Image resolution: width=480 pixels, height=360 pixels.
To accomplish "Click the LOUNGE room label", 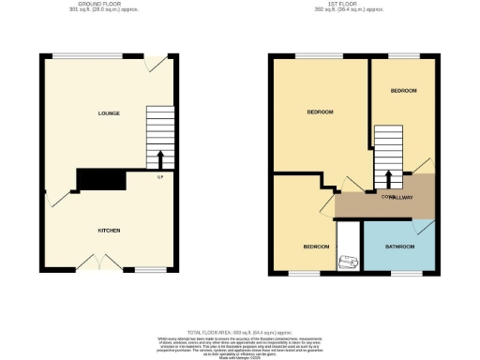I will (x=108, y=113).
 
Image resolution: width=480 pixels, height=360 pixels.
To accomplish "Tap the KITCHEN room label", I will (x=109, y=230).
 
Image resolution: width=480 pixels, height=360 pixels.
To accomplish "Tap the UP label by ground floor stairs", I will (x=160, y=176).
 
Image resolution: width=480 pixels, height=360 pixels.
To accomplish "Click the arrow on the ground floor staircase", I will (x=160, y=157).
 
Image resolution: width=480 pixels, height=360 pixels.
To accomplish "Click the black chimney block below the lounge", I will (x=101, y=179).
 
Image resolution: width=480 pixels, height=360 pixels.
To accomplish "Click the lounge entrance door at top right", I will (x=156, y=64).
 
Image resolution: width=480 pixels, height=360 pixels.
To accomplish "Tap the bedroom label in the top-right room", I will (x=403, y=90).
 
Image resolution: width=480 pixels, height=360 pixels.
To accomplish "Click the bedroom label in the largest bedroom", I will (x=321, y=112).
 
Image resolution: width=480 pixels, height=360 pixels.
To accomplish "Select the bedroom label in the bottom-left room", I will (x=315, y=247).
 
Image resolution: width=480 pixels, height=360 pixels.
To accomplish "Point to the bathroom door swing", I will (x=426, y=228).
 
